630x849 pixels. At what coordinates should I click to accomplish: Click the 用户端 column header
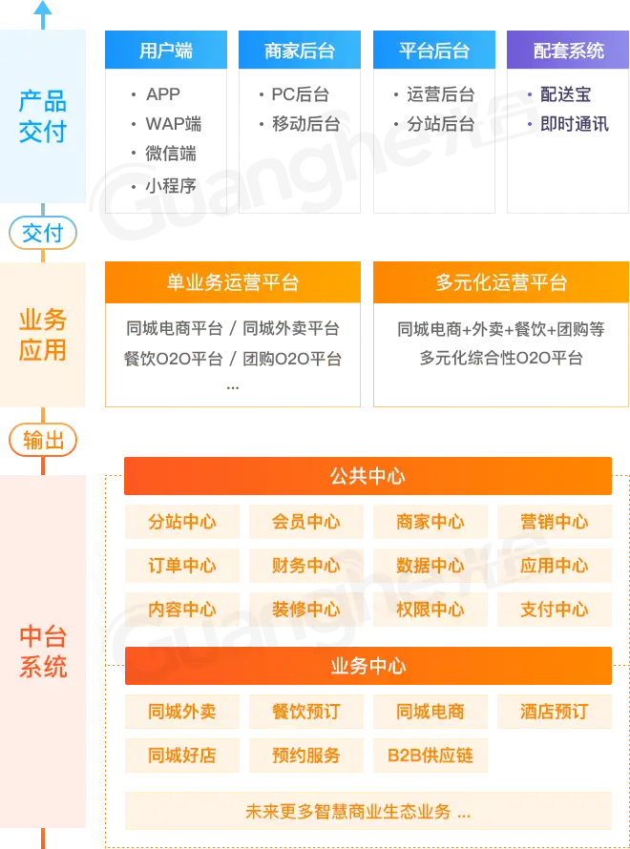[x=165, y=50]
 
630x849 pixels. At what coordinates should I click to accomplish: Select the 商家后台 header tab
[x=300, y=50]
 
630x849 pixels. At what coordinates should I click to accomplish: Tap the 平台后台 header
[x=434, y=50]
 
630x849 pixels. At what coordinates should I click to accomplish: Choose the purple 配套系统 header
[x=568, y=50]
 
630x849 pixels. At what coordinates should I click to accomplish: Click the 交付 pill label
[x=42, y=232]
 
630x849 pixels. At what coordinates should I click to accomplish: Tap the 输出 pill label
[x=42, y=440]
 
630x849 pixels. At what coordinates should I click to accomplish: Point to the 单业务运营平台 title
[x=232, y=282]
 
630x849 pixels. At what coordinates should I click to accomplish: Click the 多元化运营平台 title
[x=500, y=282]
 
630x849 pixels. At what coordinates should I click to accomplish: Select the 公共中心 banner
[x=367, y=476]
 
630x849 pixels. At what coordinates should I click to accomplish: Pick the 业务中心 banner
[x=367, y=666]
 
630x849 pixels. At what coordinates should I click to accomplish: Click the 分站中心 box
[x=181, y=522]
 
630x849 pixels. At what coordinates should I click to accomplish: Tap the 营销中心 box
[x=555, y=522]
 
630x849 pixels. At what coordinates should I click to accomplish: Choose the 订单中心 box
[x=181, y=565]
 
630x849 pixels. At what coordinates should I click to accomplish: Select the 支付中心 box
[x=555, y=609]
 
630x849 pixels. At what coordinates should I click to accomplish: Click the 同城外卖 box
[x=181, y=712]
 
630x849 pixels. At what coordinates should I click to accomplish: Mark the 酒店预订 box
[x=555, y=712]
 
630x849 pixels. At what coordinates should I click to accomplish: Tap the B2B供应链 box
[x=430, y=756]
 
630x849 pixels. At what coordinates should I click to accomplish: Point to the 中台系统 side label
[x=43, y=651]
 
